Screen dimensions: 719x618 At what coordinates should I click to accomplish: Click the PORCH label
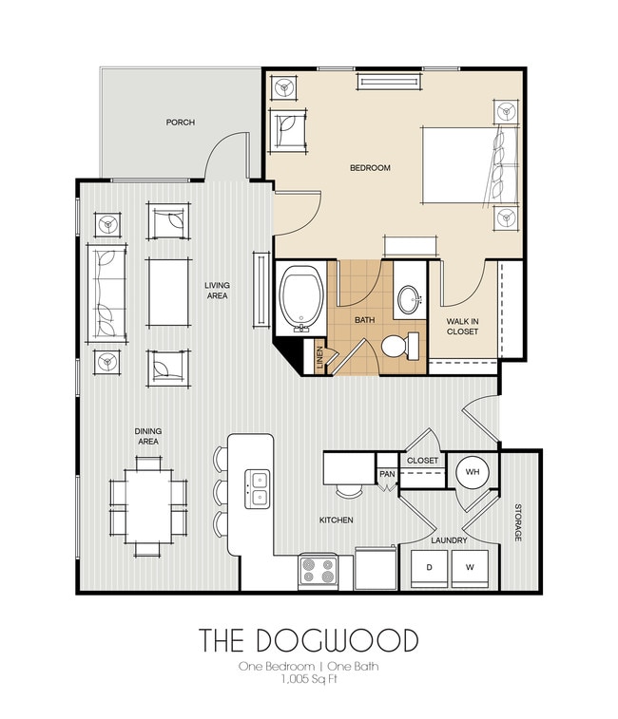pyautogui.click(x=180, y=123)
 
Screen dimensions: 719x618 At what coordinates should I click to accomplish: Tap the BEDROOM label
pyautogui.click(x=370, y=168)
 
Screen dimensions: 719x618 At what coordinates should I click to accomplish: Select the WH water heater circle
pyautogui.click(x=473, y=472)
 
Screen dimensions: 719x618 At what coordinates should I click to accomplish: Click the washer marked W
pyautogui.click(x=469, y=568)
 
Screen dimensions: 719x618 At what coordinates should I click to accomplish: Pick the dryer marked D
pyautogui.click(x=429, y=568)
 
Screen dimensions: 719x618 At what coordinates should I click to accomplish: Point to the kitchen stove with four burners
pyautogui.click(x=319, y=571)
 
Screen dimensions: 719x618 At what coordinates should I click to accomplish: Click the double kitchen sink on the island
pyautogui.click(x=258, y=487)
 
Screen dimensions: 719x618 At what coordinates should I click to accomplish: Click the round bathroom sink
pyautogui.click(x=410, y=300)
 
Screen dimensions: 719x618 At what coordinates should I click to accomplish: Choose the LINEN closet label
pyautogui.click(x=320, y=359)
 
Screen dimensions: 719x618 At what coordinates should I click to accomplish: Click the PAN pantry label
pyautogui.click(x=387, y=474)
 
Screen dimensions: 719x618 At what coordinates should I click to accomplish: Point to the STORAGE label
pyautogui.click(x=519, y=523)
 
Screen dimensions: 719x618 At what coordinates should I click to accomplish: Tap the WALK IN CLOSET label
pyautogui.click(x=462, y=328)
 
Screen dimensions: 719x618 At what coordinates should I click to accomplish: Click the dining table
pyautogui.click(x=147, y=496)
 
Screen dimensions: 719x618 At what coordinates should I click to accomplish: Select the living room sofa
pyautogui.click(x=105, y=292)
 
